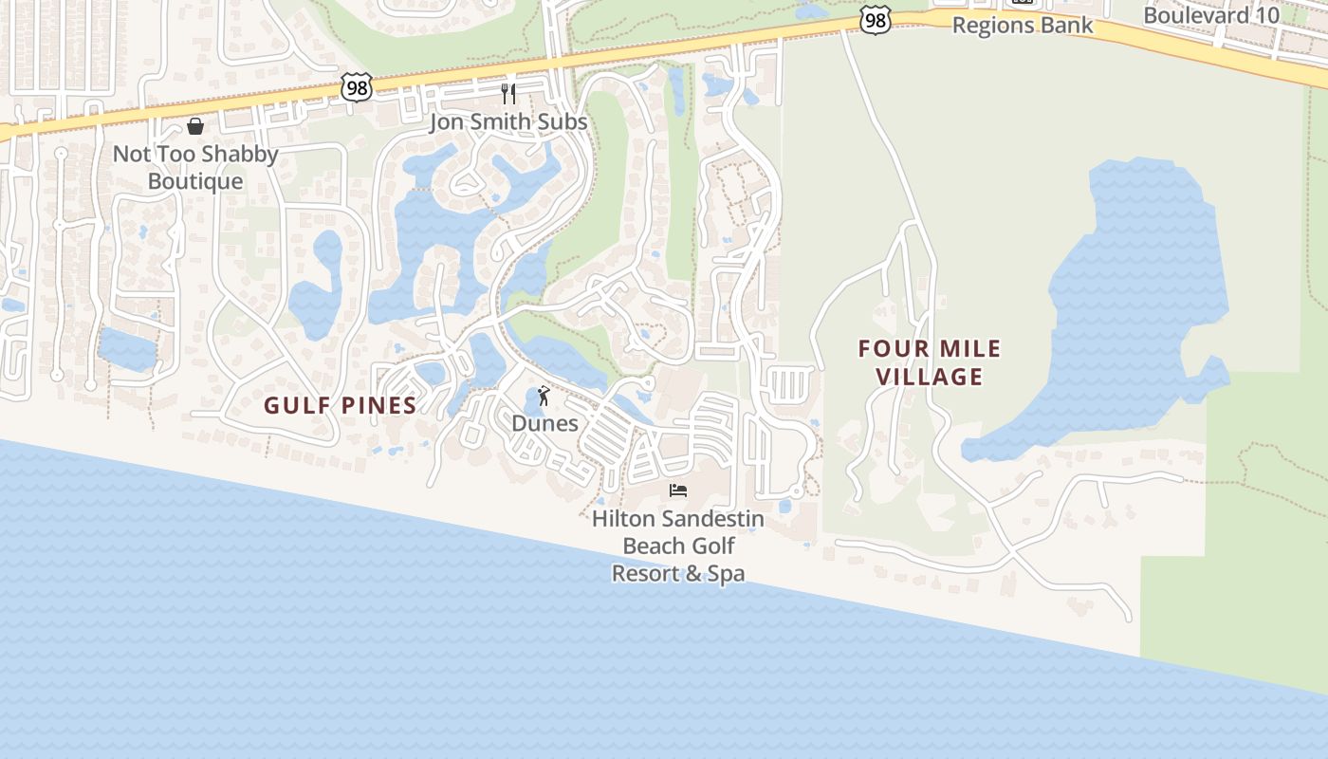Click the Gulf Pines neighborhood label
[340, 406]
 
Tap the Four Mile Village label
[929, 362]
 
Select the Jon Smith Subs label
[508, 122]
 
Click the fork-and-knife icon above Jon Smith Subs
[508, 93]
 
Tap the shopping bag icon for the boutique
[195, 126]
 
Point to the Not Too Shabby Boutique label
[195, 167]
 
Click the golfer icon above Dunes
[544, 395]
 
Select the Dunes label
[544, 423]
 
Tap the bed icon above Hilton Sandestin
[678, 491]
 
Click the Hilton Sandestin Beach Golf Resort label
[678, 546]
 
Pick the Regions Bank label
[1023, 26]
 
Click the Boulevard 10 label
[1210, 15]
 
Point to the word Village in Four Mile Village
[929, 377]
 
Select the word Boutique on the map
[195, 180]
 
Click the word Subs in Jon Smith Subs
[563, 122]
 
